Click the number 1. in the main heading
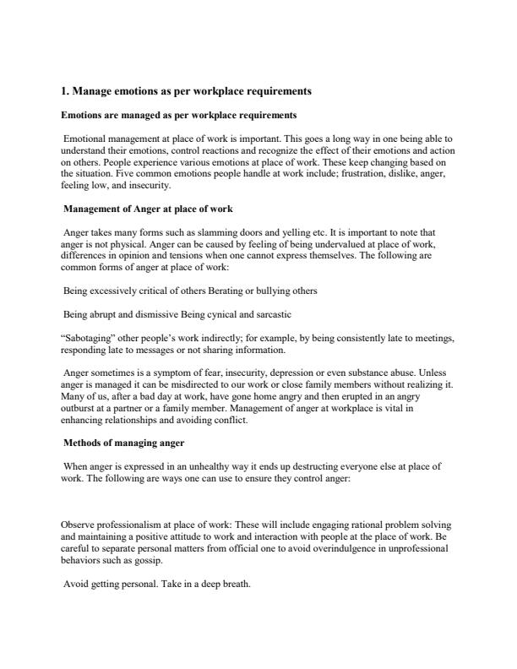pyautogui.click(x=68, y=90)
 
